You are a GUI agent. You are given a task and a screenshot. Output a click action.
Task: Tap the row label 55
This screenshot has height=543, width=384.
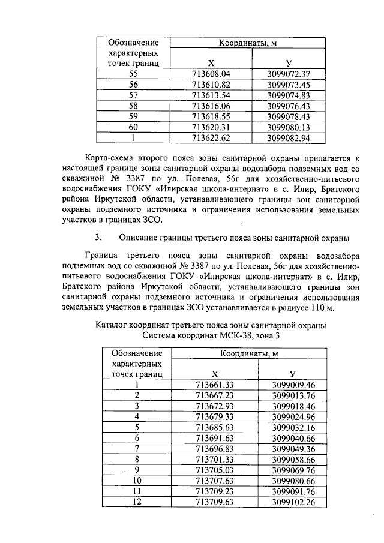[133, 74]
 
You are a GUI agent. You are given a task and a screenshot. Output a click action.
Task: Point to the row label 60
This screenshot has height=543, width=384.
[133, 127]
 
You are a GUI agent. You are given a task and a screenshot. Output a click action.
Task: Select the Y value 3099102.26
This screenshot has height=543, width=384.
[293, 502]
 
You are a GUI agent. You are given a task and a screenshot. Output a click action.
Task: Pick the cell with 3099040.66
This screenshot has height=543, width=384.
[293, 438]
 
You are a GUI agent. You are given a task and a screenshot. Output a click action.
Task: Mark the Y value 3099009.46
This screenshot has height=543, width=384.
[293, 385]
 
